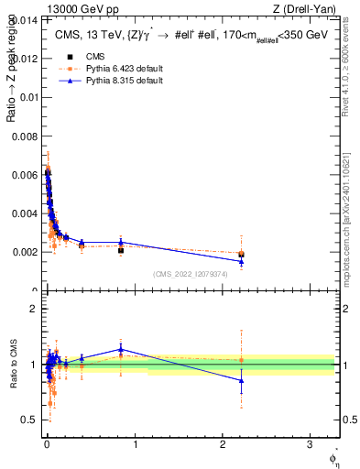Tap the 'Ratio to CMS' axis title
coord(13,365)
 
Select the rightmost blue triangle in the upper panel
coord(241,261)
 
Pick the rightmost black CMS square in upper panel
coord(241,254)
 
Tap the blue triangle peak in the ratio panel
coord(121,349)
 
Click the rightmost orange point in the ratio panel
coord(241,360)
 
